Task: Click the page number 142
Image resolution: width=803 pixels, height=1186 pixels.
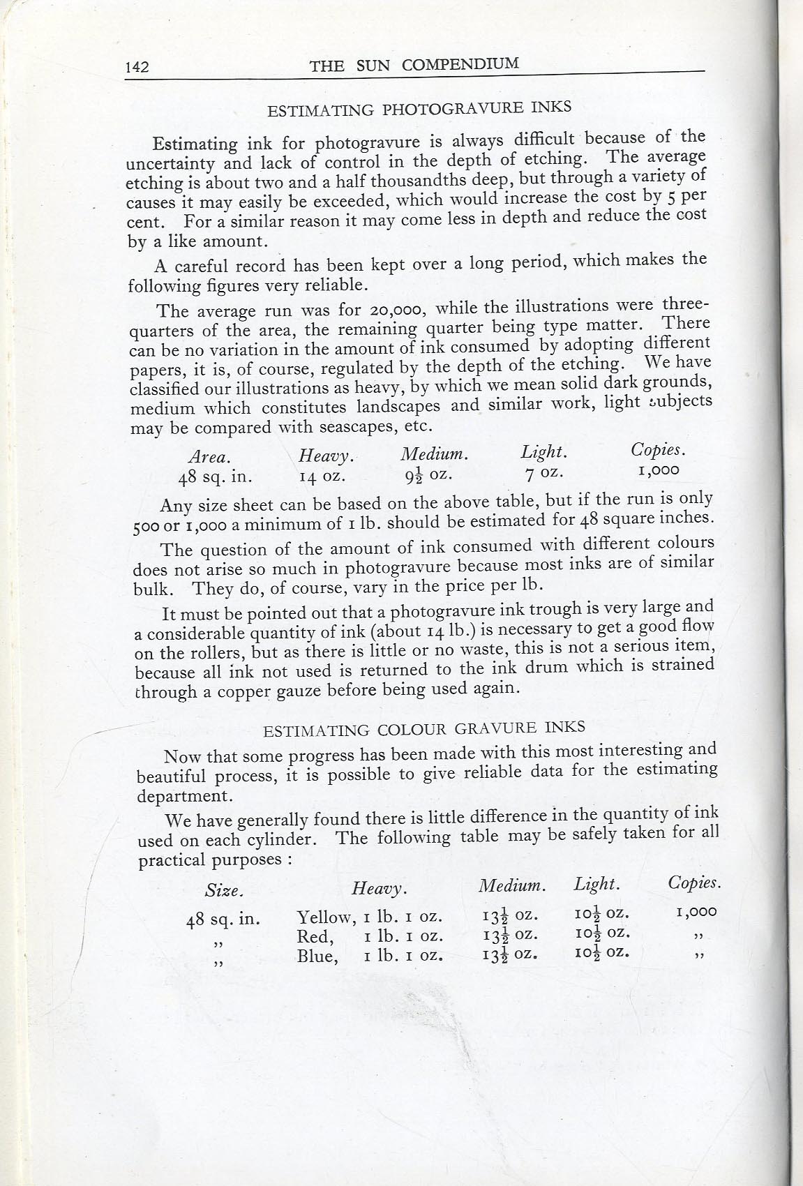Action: tap(137, 68)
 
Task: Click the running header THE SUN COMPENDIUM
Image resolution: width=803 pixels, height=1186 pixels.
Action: tap(414, 65)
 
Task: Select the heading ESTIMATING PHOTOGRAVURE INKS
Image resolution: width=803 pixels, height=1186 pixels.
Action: tap(420, 107)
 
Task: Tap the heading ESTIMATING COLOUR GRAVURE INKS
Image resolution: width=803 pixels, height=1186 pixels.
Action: tap(423, 729)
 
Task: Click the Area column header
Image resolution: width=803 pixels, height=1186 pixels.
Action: tap(209, 457)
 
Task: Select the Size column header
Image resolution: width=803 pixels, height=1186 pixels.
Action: tap(224, 891)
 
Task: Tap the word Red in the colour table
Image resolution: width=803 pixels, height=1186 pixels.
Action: tap(313, 937)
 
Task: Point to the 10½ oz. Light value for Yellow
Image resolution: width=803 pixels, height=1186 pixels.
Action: tap(601, 913)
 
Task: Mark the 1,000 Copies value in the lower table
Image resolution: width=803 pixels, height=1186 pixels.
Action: tap(696, 911)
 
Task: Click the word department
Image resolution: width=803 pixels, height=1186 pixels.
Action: tap(183, 796)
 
